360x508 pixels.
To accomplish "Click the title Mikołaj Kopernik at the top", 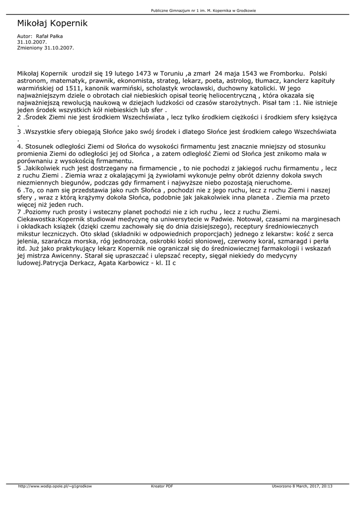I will pos(52,23).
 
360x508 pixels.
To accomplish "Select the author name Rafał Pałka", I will pos(49,36).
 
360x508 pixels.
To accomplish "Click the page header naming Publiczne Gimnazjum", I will pos(204,10).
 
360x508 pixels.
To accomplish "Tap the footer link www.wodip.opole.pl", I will pos(55,486).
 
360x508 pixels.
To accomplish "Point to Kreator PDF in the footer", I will pos(162,486).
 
